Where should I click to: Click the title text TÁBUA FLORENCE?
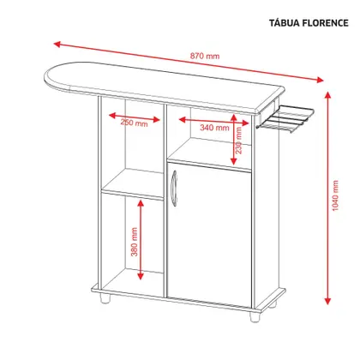click(309, 23)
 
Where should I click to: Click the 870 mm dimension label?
click(205, 56)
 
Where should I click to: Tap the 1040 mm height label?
click(335, 195)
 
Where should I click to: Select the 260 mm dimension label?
click(134, 123)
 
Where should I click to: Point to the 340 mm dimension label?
click(214, 128)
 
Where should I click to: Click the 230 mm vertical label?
click(238, 141)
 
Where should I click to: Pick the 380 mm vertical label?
click(134, 242)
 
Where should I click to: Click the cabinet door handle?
click(174, 188)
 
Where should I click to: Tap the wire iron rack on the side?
click(285, 119)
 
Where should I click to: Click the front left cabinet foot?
click(105, 297)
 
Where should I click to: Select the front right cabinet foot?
click(255, 316)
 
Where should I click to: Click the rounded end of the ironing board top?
click(57, 77)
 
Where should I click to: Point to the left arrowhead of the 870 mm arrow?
click(57, 44)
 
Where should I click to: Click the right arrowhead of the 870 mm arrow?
click(320, 80)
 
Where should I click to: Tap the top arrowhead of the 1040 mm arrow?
click(327, 95)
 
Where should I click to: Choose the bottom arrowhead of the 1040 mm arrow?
click(327, 301)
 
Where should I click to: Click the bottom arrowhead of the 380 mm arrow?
click(141, 276)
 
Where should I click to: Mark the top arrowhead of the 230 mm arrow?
click(234, 117)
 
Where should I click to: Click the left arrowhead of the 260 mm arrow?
click(112, 116)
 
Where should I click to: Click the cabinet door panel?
click(209, 236)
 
